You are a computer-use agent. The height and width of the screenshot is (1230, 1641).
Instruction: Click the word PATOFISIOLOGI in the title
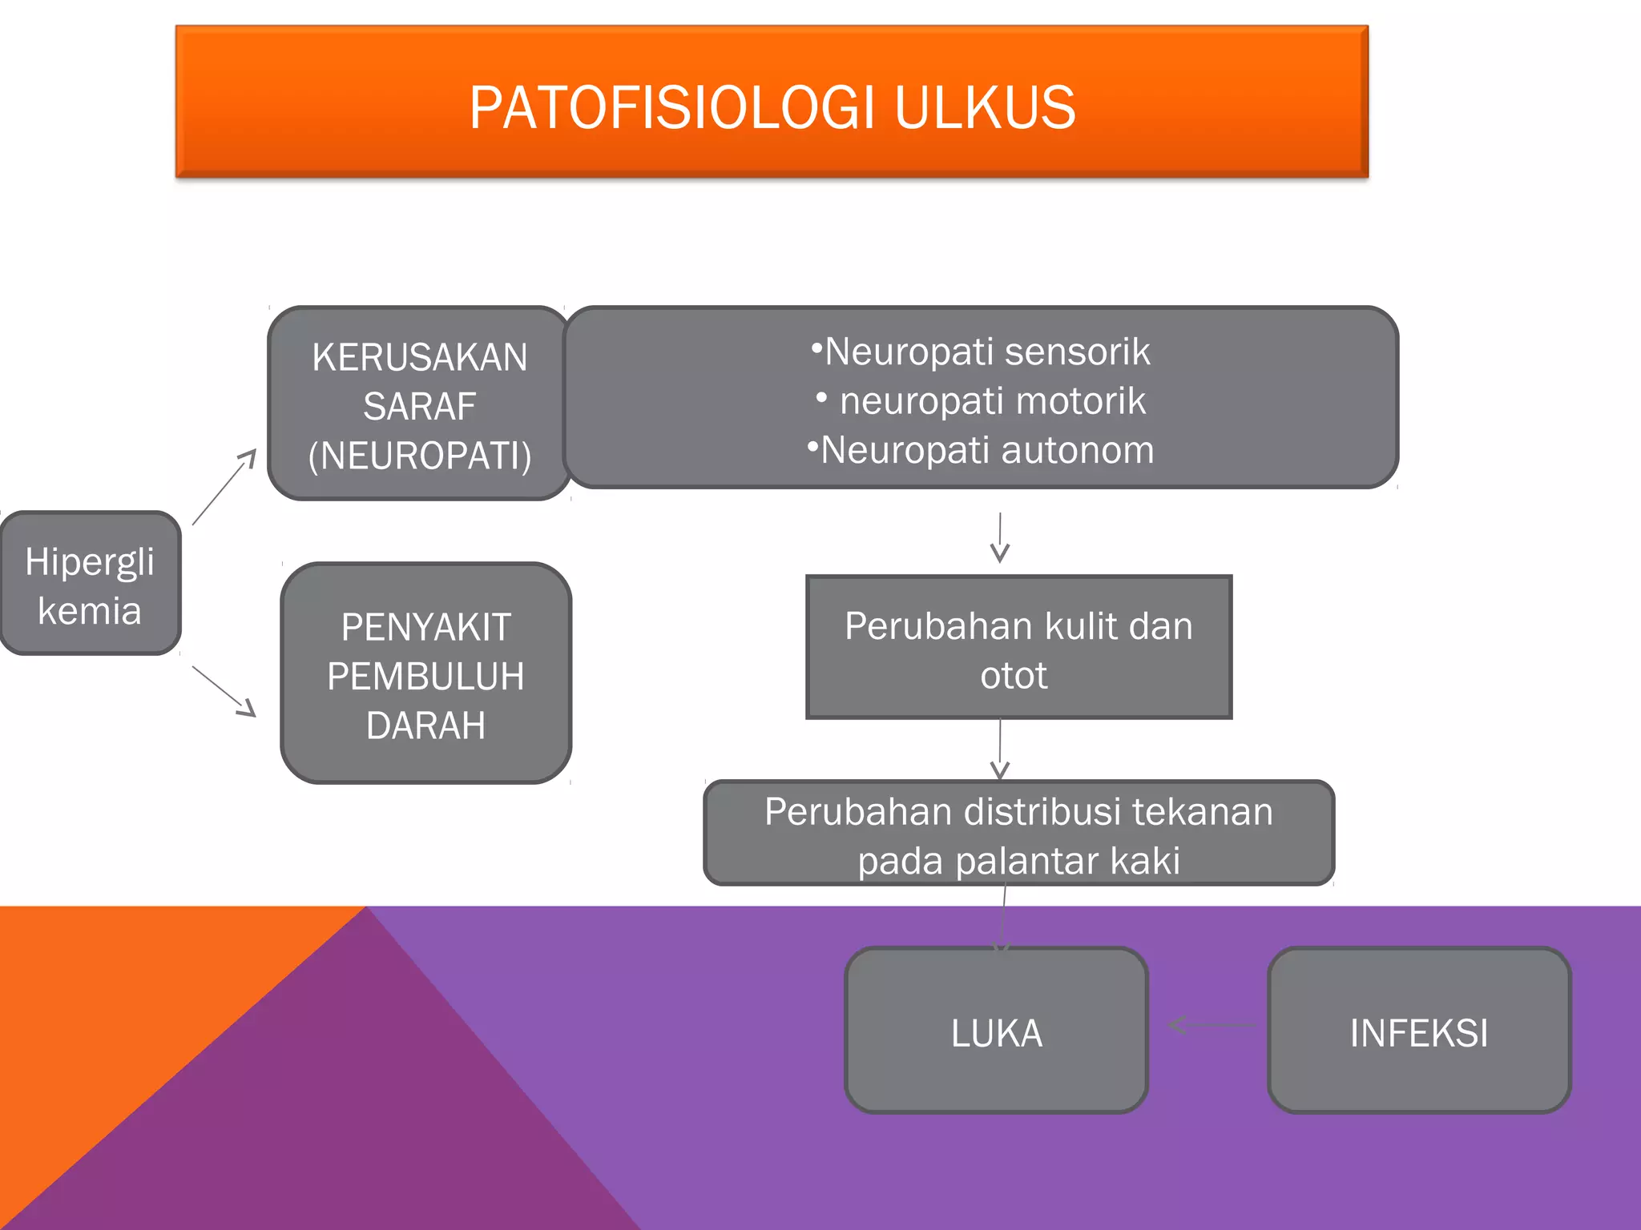(x=671, y=107)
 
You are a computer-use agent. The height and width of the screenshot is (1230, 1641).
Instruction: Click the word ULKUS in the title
(x=984, y=107)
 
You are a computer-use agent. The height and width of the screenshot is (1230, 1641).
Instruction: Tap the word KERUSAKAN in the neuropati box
(x=420, y=357)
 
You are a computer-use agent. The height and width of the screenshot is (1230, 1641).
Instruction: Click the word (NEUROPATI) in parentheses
(x=420, y=456)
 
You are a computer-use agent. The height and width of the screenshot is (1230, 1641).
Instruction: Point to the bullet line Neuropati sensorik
(x=981, y=352)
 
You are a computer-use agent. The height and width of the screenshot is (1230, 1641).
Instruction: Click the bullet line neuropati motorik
(x=982, y=400)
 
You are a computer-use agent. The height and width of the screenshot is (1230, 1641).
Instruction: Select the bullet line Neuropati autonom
(x=981, y=450)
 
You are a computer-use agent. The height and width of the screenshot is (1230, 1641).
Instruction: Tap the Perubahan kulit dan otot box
(x=1018, y=647)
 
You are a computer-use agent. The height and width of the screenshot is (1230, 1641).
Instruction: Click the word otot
(x=1013, y=676)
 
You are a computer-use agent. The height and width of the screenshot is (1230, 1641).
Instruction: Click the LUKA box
(x=996, y=1031)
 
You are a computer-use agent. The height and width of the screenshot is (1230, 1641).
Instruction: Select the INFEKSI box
(x=1418, y=1031)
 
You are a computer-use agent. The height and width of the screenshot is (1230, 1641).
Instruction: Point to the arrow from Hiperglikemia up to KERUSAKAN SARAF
(x=224, y=487)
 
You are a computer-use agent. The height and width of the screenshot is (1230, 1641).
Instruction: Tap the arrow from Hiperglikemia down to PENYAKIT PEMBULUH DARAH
(x=224, y=690)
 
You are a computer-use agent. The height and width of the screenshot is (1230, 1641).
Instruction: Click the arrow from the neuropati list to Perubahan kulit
(x=999, y=538)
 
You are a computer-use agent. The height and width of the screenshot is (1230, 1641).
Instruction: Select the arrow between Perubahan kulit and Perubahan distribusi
(x=999, y=750)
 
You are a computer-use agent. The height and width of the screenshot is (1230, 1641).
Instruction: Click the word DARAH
(x=425, y=726)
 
